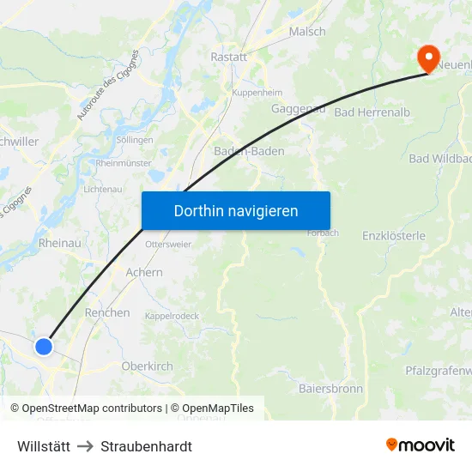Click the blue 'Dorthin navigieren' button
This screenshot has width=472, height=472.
235,210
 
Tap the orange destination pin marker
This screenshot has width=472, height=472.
427,57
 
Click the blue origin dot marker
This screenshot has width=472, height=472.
44,346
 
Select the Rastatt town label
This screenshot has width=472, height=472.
228,57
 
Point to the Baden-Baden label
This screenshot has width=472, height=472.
249,151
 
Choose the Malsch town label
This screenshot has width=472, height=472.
306,32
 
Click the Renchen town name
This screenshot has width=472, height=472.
107,313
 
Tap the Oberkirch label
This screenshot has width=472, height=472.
147,366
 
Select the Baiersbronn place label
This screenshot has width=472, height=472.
330,389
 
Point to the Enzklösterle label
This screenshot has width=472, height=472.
394,235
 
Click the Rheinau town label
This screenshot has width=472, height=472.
60,244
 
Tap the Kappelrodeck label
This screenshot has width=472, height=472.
172,316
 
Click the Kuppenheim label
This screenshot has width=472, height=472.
257,90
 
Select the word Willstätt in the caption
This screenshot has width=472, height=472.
45,446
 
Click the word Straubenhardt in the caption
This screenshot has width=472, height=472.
146,446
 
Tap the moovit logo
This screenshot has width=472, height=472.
421,445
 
